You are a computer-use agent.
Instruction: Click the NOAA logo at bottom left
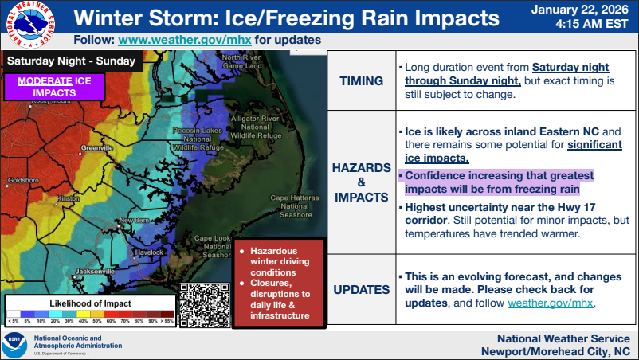(x=15, y=345)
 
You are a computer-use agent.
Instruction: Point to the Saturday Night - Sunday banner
(x=71, y=61)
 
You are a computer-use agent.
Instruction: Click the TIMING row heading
(x=361, y=80)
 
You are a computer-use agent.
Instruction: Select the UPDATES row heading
(x=361, y=289)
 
